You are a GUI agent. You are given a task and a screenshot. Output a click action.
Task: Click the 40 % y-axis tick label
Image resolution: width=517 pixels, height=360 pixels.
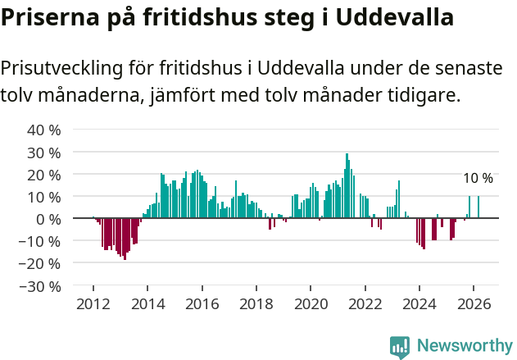(x=44, y=130)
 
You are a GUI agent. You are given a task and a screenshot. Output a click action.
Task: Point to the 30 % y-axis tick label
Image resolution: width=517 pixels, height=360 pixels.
(x=44, y=153)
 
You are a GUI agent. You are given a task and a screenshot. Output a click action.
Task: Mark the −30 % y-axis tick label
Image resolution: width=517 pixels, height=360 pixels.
(x=41, y=286)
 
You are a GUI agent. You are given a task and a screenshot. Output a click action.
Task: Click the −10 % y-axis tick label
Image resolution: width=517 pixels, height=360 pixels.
(x=41, y=241)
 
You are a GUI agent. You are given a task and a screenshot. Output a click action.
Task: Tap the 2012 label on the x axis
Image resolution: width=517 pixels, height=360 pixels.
(x=93, y=303)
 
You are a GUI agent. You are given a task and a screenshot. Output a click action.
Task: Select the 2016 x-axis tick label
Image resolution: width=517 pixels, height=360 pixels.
(x=202, y=303)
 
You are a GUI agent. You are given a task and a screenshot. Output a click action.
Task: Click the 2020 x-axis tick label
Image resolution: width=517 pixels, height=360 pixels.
(x=311, y=303)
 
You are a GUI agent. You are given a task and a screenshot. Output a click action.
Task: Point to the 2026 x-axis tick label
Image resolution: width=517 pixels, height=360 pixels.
(x=474, y=303)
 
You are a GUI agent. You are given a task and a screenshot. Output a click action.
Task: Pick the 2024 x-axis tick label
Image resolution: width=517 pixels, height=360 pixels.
(x=419, y=303)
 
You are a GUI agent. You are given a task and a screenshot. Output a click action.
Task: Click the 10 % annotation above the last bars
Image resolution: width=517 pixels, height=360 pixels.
(x=478, y=179)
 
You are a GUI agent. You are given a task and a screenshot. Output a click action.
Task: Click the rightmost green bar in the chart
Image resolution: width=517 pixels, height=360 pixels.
(x=478, y=207)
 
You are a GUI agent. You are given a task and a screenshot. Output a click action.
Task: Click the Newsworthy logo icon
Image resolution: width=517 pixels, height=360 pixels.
(x=400, y=346)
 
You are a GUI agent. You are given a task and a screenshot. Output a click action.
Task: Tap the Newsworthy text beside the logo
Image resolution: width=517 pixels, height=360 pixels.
(x=464, y=346)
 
